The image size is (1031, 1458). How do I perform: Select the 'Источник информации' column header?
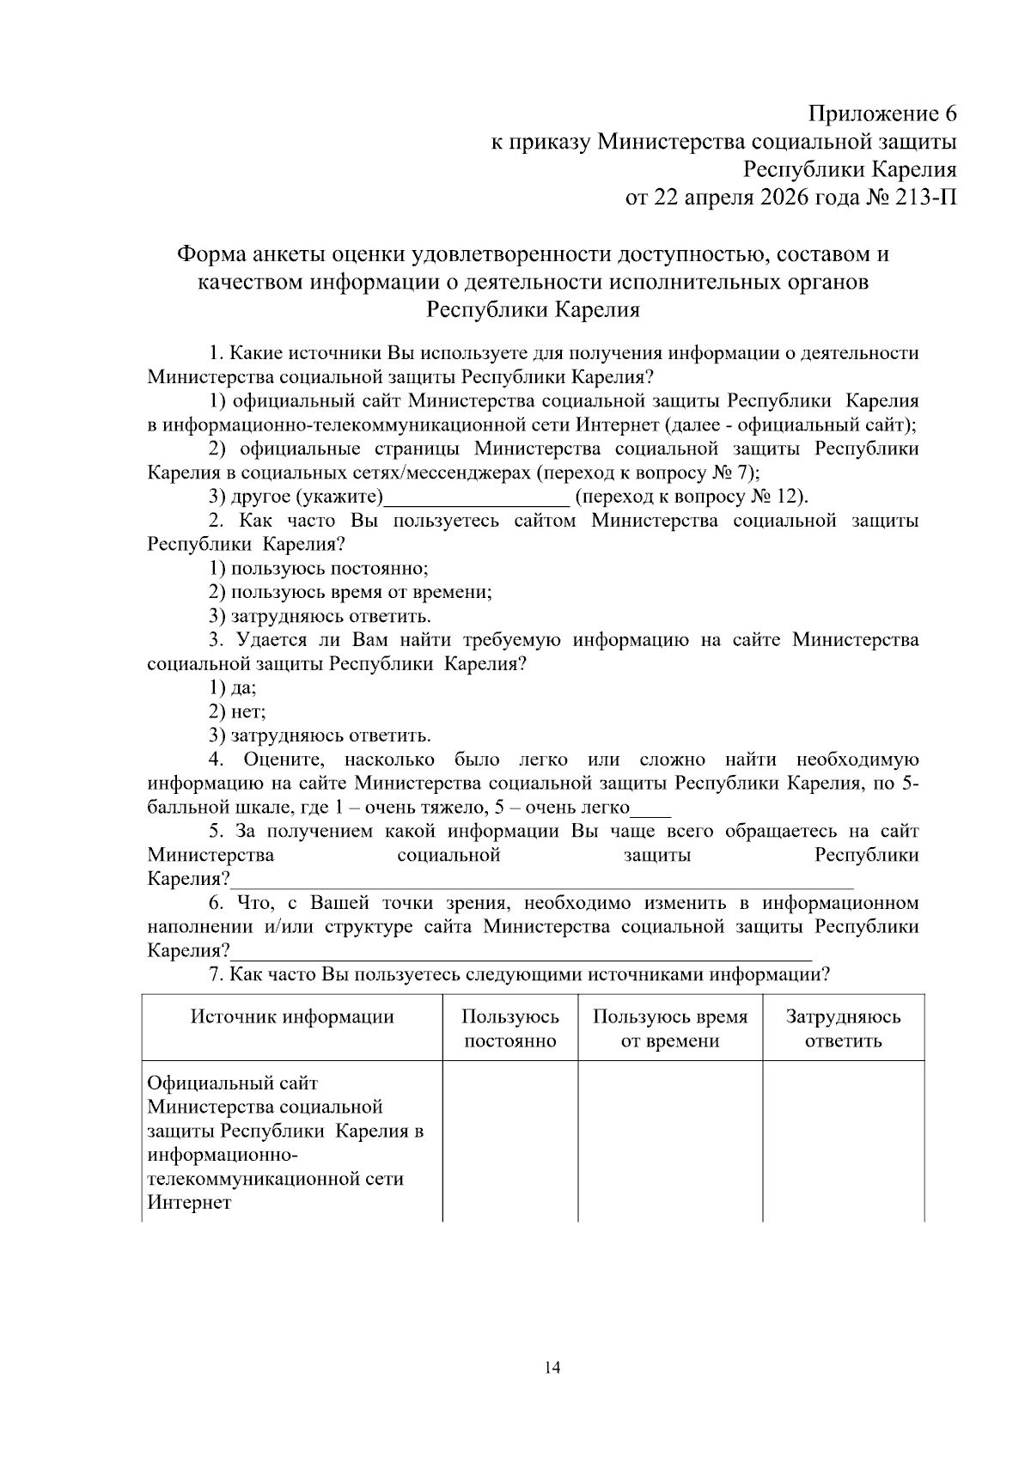point(292,1017)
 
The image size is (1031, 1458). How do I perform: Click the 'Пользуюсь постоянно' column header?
point(510,1028)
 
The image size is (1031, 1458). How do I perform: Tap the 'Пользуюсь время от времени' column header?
point(670,1028)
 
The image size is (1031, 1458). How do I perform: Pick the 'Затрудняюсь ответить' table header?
point(843,1028)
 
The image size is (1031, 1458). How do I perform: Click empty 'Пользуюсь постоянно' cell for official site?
point(510,1141)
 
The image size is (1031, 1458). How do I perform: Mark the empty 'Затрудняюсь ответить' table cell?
point(843,1141)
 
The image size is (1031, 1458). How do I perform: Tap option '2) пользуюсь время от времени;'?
point(351,593)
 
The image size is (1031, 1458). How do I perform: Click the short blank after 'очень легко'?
point(650,809)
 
